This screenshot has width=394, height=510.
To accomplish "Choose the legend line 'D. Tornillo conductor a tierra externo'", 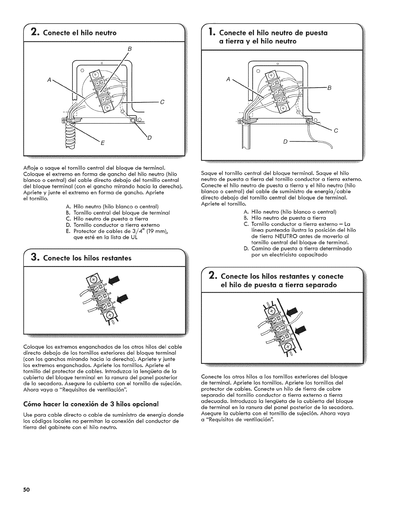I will coord(113,225).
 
